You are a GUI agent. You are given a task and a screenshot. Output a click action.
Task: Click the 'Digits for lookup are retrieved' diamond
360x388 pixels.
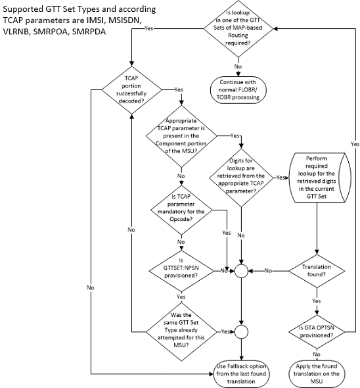(242, 177)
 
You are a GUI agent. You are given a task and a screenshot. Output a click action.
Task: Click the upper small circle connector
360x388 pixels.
(242, 270)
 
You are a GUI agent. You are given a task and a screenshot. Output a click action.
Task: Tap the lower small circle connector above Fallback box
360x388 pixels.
(242, 331)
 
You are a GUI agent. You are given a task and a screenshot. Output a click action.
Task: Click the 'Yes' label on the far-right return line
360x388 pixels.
(354, 143)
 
